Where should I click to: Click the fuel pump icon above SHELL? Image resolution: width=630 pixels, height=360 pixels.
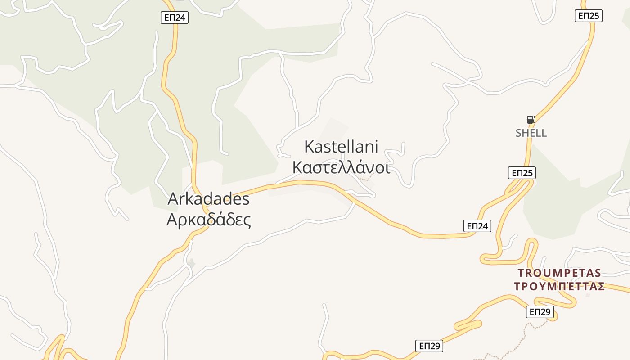point(531,120)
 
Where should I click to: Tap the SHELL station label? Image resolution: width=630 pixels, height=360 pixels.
point(531,133)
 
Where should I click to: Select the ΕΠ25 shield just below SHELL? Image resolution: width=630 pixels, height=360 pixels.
point(522,173)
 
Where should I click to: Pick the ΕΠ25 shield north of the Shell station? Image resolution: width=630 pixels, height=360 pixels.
point(589,16)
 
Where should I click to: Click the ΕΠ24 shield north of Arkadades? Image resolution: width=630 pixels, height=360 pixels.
point(175,18)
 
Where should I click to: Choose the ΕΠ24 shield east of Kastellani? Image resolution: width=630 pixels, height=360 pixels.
point(477,226)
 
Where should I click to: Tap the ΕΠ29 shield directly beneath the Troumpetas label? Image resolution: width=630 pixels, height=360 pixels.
point(540,312)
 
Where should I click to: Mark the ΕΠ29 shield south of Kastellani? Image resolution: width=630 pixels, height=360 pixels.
point(429,346)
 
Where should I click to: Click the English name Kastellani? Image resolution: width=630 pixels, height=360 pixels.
point(341,147)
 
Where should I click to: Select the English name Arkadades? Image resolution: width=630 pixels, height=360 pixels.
point(209,199)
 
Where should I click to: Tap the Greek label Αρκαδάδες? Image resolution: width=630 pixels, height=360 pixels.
point(209,220)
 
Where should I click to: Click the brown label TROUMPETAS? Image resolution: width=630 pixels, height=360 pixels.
point(559,273)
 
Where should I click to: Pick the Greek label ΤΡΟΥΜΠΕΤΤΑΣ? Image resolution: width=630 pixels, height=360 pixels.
point(559,287)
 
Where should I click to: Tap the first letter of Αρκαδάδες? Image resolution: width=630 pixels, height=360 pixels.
point(172,220)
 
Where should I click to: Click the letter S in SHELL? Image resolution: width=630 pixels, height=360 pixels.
point(518,133)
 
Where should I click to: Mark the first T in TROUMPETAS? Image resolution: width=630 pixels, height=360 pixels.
point(521,273)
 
